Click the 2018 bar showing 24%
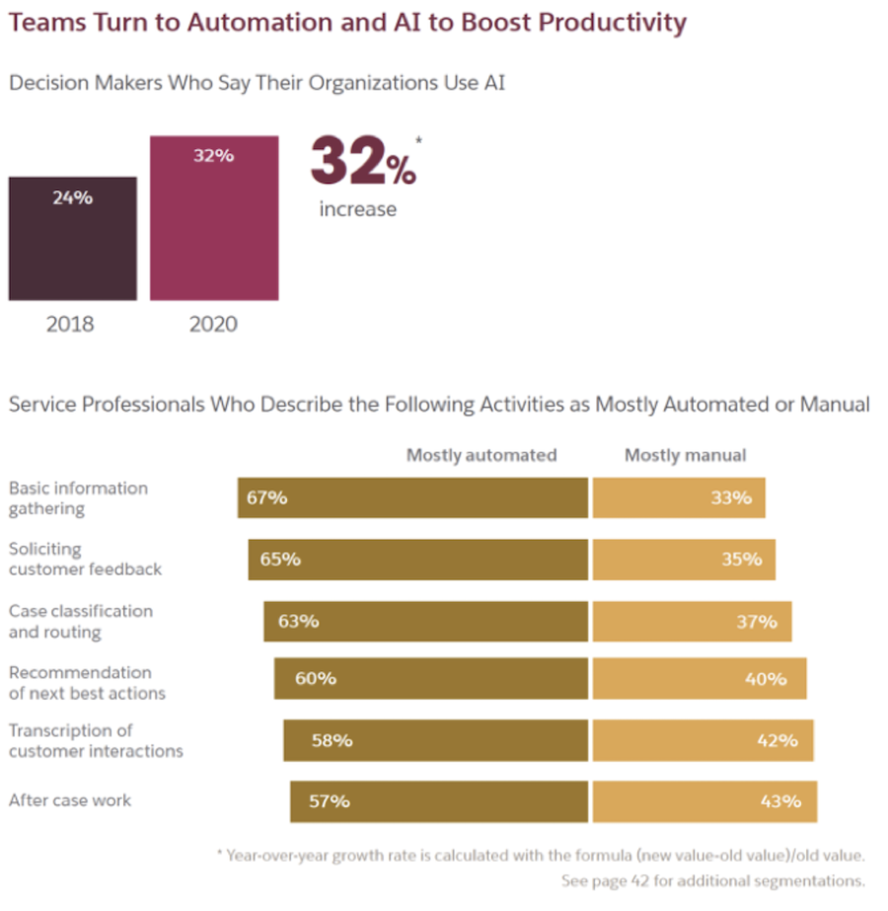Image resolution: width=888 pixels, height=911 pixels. [x=72, y=238]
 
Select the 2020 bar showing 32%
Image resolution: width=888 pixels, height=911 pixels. [x=213, y=217]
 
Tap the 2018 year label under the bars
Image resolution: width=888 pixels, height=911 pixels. [x=70, y=324]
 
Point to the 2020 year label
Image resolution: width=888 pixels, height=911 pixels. [x=213, y=324]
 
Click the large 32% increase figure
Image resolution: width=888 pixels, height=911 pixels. [x=363, y=164]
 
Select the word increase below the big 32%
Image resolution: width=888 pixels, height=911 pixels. [x=357, y=209]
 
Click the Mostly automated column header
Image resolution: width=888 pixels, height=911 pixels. [x=481, y=455]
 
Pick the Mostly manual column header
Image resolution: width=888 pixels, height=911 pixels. [x=685, y=455]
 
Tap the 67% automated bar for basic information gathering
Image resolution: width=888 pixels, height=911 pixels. [x=412, y=497]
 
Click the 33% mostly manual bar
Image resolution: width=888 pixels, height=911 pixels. [x=679, y=497]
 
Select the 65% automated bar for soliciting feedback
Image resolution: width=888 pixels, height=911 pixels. [x=417, y=559]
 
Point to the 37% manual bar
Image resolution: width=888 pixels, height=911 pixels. [x=692, y=621]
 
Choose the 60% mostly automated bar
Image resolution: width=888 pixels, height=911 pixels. [x=430, y=678]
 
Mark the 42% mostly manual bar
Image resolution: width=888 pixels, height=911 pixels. [x=703, y=740]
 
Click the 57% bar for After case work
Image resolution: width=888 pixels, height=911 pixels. [x=438, y=800]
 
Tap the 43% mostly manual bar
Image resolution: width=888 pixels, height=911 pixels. [x=704, y=800]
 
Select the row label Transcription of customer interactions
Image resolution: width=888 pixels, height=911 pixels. [x=96, y=740]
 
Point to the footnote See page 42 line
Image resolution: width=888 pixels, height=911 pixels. [x=712, y=880]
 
